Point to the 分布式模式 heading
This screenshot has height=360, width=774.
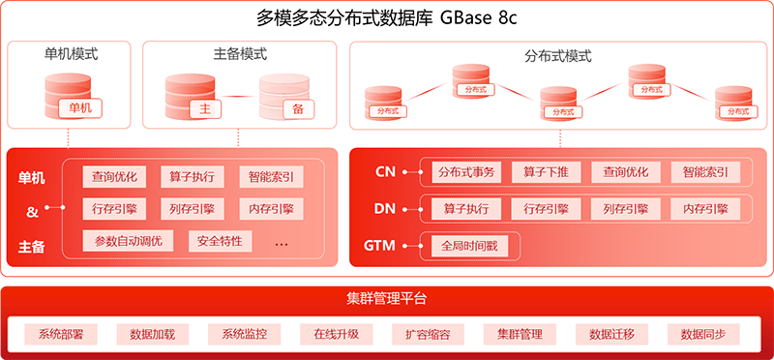557,56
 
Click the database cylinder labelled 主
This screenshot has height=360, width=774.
190,94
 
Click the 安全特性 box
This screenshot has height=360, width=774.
220,240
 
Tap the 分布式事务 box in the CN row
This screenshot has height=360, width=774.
465,172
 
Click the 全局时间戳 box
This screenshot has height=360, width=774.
468,246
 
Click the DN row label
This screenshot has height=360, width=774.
384,208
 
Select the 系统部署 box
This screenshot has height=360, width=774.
61,334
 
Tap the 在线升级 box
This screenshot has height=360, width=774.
336,334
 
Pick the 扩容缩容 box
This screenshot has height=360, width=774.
428,334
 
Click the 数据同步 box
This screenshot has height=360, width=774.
703,334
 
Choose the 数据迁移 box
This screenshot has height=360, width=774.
611,334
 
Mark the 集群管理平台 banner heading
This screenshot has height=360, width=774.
386,297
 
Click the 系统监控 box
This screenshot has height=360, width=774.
244,334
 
